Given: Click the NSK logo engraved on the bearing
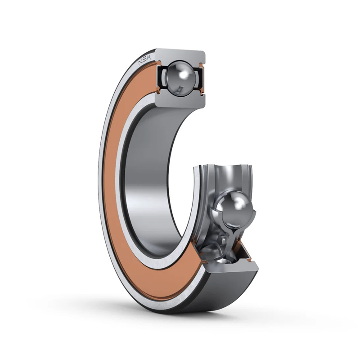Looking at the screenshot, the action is click(144, 60).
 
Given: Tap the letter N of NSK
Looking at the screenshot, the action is click(140, 63).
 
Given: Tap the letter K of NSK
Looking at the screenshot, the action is click(148, 58).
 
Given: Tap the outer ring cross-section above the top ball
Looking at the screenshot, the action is click(180, 55).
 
